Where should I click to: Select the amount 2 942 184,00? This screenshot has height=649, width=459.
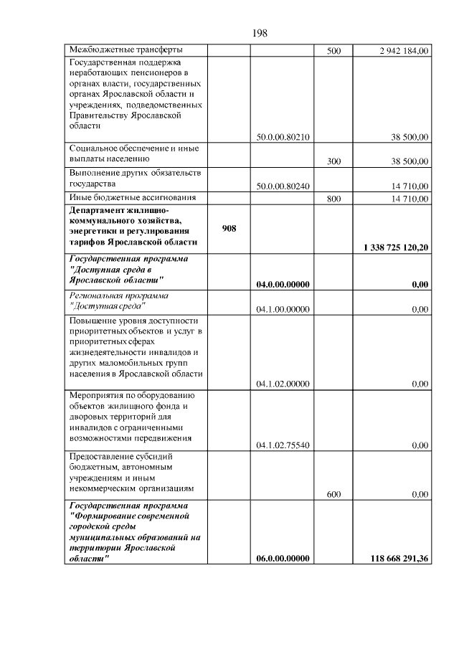coord(404,51)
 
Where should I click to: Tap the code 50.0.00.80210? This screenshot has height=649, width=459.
coord(283,136)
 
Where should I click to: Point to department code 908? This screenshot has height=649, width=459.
coord(229,227)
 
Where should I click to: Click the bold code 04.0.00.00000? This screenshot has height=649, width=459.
coord(283,285)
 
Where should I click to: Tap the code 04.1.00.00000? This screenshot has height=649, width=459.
coord(283,310)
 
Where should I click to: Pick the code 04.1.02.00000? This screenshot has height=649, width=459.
coord(283,384)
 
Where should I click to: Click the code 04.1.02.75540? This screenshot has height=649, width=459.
coord(283,446)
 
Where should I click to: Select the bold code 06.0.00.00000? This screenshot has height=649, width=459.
coord(283,559)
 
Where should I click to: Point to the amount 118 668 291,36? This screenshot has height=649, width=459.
coord(399,559)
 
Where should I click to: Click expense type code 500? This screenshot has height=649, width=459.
coord(333,51)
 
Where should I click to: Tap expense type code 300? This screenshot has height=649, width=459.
coord(333,161)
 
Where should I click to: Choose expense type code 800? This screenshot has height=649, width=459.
coord(333,199)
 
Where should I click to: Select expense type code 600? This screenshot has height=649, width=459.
coord(333,494)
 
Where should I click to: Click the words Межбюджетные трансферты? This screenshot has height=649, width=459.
coord(125,50)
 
